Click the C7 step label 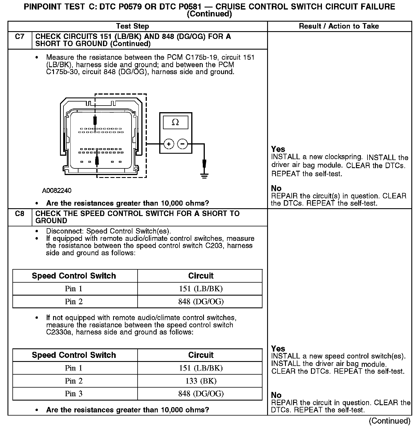point(20,37)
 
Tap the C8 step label point(20,214)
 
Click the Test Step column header point(132,26)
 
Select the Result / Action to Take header point(339,26)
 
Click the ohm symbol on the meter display point(175,122)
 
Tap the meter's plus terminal point(169,144)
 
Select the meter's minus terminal point(182,144)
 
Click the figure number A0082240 point(57,191)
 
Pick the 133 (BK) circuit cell point(201,381)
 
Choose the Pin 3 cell point(74,394)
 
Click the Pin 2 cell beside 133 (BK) point(74,381)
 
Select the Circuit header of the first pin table point(201,276)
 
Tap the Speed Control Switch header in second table point(74,355)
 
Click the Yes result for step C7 point(278,149)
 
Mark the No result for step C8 point(276,395)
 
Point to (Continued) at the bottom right point(389,421)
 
